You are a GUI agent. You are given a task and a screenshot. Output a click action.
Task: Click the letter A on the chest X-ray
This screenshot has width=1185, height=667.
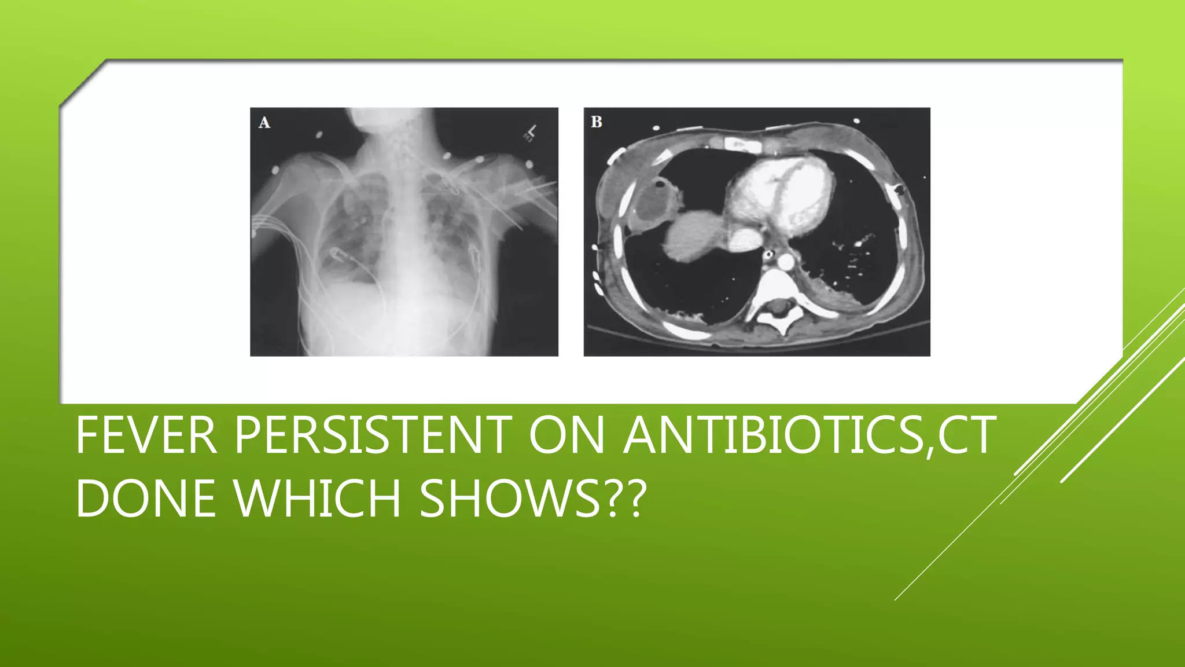tap(264, 123)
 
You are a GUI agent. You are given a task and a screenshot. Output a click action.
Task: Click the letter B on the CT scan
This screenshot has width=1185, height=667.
tap(597, 122)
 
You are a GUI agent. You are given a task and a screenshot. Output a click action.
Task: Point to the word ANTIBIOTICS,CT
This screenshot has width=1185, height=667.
tap(809, 435)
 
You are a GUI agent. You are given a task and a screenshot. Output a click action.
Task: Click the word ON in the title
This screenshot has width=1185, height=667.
tap(566, 435)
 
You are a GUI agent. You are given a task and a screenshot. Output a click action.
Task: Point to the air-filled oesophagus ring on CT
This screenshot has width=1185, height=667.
tap(769, 254)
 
